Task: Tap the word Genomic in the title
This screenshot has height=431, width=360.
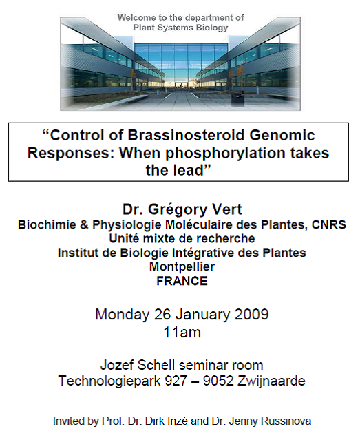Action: [x=282, y=135]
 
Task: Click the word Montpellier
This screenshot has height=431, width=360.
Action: [x=182, y=266]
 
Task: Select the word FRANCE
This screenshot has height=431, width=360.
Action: [x=182, y=281]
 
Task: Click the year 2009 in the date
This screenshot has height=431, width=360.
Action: [x=251, y=314]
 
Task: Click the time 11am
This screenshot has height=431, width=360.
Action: [x=182, y=333]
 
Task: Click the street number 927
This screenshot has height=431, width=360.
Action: [x=176, y=381]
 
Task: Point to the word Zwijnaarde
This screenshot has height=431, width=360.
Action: [x=271, y=381]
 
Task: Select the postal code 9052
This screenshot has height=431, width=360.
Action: [x=218, y=381]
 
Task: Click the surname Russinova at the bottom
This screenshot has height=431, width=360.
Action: [x=286, y=421]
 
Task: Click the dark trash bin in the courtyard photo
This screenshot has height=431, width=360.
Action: [x=237, y=101]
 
